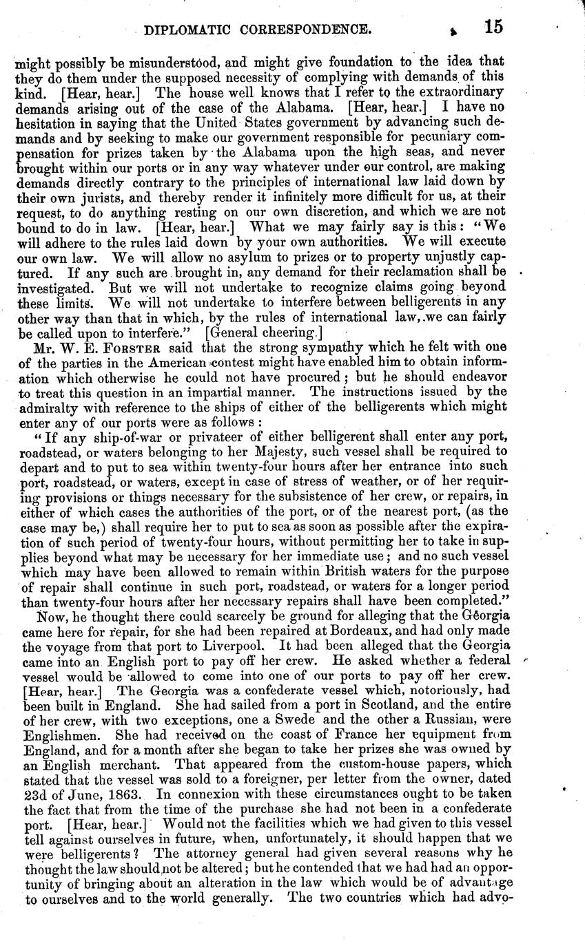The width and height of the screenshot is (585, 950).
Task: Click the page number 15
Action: click(493, 27)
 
